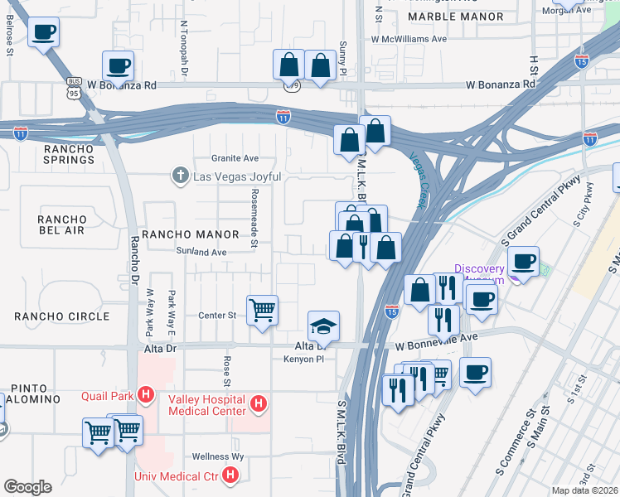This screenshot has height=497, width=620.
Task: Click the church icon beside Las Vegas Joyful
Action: (x=179, y=176)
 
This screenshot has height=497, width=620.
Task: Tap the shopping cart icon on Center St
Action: (x=262, y=311)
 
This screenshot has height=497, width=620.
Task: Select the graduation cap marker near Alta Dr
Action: (x=323, y=326)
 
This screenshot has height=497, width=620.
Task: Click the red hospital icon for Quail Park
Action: (x=147, y=395)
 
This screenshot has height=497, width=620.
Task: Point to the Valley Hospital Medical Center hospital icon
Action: (x=259, y=404)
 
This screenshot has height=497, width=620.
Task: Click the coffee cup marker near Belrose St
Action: (x=43, y=33)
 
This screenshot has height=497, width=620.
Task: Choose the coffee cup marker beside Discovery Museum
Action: (x=522, y=262)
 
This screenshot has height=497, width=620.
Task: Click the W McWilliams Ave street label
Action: (x=409, y=38)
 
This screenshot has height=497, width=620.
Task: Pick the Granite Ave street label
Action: (x=235, y=158)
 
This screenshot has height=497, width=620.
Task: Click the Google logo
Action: (x=27, y=487)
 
